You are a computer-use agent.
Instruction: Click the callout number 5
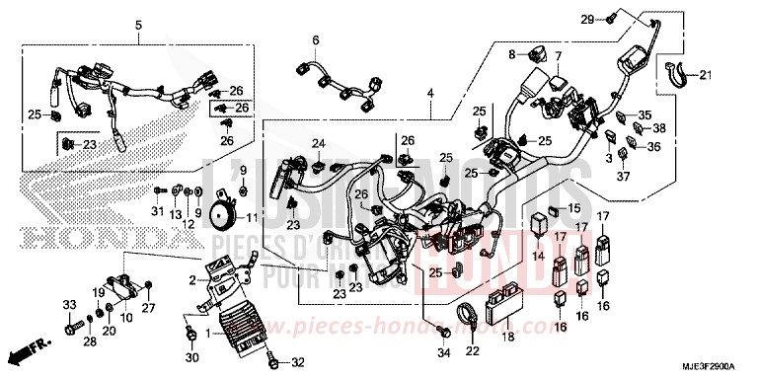pos(138,24)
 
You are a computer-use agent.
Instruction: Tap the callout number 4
pos(430,93)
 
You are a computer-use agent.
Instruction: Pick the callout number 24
pos(318,144)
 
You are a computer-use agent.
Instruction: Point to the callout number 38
pos(659,128)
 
